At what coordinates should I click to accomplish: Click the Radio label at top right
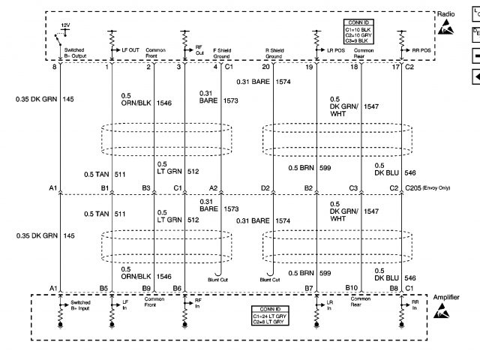(446, 13)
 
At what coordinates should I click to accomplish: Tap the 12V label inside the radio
(65, 25)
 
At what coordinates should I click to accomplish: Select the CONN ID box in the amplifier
(268, 316)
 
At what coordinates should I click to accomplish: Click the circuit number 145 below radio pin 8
(69, 98)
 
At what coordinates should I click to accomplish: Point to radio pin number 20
(265, 68)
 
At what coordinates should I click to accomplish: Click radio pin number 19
(310, 68)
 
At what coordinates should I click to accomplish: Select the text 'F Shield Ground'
(221, 53)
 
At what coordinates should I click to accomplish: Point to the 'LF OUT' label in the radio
(130, 49)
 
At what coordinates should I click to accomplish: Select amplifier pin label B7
(308, 287)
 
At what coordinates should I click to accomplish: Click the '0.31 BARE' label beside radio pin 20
(252, 81)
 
